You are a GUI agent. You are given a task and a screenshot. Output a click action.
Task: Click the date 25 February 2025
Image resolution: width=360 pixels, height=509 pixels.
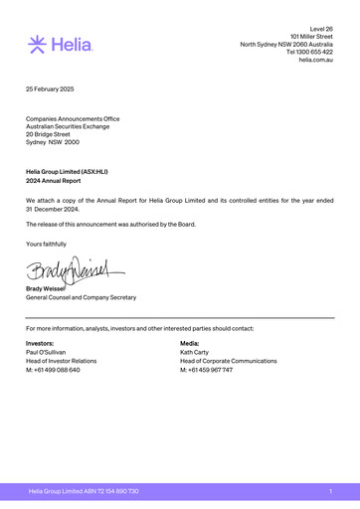[x=50, y=89]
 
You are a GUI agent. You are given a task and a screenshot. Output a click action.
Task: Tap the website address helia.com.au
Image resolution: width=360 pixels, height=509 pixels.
[x=315, y=61]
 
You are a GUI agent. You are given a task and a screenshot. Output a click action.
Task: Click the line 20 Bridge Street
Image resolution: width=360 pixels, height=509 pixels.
[x=53, y=133]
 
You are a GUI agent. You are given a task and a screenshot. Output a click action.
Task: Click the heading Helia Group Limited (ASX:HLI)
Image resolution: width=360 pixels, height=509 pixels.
[x=67, y=172]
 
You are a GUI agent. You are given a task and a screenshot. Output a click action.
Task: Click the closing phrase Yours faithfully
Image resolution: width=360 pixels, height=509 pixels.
[x=47, y=244]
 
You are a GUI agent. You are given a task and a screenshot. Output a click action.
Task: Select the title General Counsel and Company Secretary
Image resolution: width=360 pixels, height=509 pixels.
[x=81, y=297]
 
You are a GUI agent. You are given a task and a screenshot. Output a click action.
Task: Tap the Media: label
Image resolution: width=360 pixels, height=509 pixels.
[x=189, y=343]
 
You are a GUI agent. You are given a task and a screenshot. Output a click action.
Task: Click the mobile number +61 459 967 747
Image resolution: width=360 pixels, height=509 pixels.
[x=206, y=370]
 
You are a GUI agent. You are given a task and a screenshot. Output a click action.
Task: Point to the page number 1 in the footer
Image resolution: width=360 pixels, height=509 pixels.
[x=329, y=492]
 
